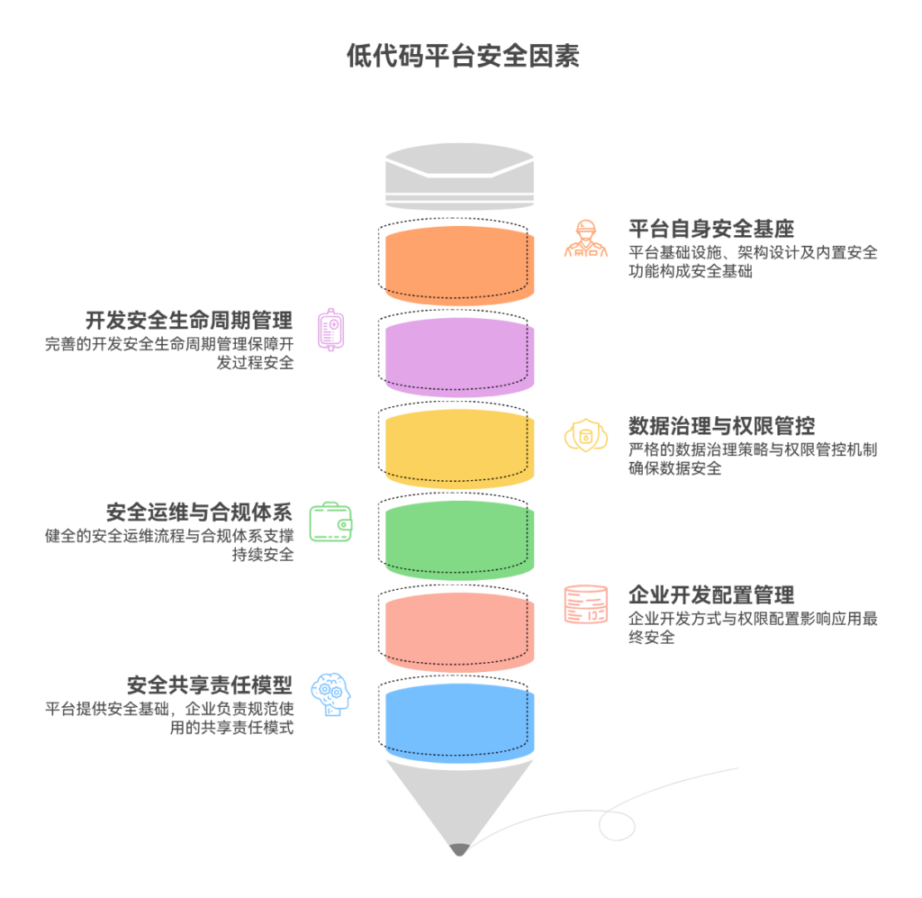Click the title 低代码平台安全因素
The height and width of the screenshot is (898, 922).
(462, 57)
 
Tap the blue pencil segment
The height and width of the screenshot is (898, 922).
(460, 724)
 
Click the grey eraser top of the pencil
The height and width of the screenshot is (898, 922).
(459, 177)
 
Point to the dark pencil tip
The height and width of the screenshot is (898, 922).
(460, 849)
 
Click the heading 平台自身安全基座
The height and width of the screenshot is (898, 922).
(710, 229)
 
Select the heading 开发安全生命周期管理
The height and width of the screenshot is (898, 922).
(189, 320)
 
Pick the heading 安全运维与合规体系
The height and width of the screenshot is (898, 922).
(199, 512)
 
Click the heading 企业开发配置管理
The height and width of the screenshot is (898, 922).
(710, 594)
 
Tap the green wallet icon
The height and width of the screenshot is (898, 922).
(330, 521)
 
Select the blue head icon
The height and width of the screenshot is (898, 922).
(330, 694)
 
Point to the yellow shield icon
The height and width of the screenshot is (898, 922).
(585, 434)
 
